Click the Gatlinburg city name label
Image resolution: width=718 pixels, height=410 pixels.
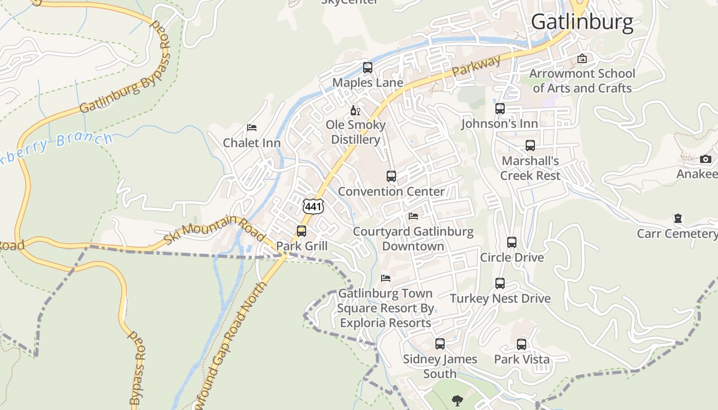tap(582, 23)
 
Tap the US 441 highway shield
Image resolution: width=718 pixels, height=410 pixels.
tap(313, 206)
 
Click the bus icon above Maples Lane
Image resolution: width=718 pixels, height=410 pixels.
tap(368, 67)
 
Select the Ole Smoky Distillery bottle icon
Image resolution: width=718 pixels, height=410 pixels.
tap(355, 110)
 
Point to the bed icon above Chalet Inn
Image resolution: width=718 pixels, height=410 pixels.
tap(252, 127)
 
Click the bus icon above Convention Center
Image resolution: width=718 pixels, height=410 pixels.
tap(391, 176)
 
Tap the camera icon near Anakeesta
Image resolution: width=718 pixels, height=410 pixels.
tap(706, 159)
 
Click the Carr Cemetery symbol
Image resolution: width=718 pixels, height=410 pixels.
tap(678, 219)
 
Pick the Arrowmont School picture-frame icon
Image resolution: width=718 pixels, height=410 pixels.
tap(582, 58)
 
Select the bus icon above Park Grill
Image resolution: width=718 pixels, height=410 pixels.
tap(302, 231)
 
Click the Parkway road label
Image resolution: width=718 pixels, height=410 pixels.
tap(477, 67)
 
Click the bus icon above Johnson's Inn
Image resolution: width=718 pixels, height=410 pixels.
tap(500, 109)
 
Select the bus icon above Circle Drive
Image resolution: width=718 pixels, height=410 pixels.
tap(512, 242)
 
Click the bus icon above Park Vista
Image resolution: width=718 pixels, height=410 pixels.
tap(522, 344)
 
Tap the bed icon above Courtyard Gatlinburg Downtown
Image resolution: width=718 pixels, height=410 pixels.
tap(413, 216)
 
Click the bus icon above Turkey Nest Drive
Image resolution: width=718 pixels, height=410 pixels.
tap(500, 283)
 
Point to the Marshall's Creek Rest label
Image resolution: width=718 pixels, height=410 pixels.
tap(530, 168)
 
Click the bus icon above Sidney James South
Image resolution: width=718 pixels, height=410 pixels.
tap(440, 344)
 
